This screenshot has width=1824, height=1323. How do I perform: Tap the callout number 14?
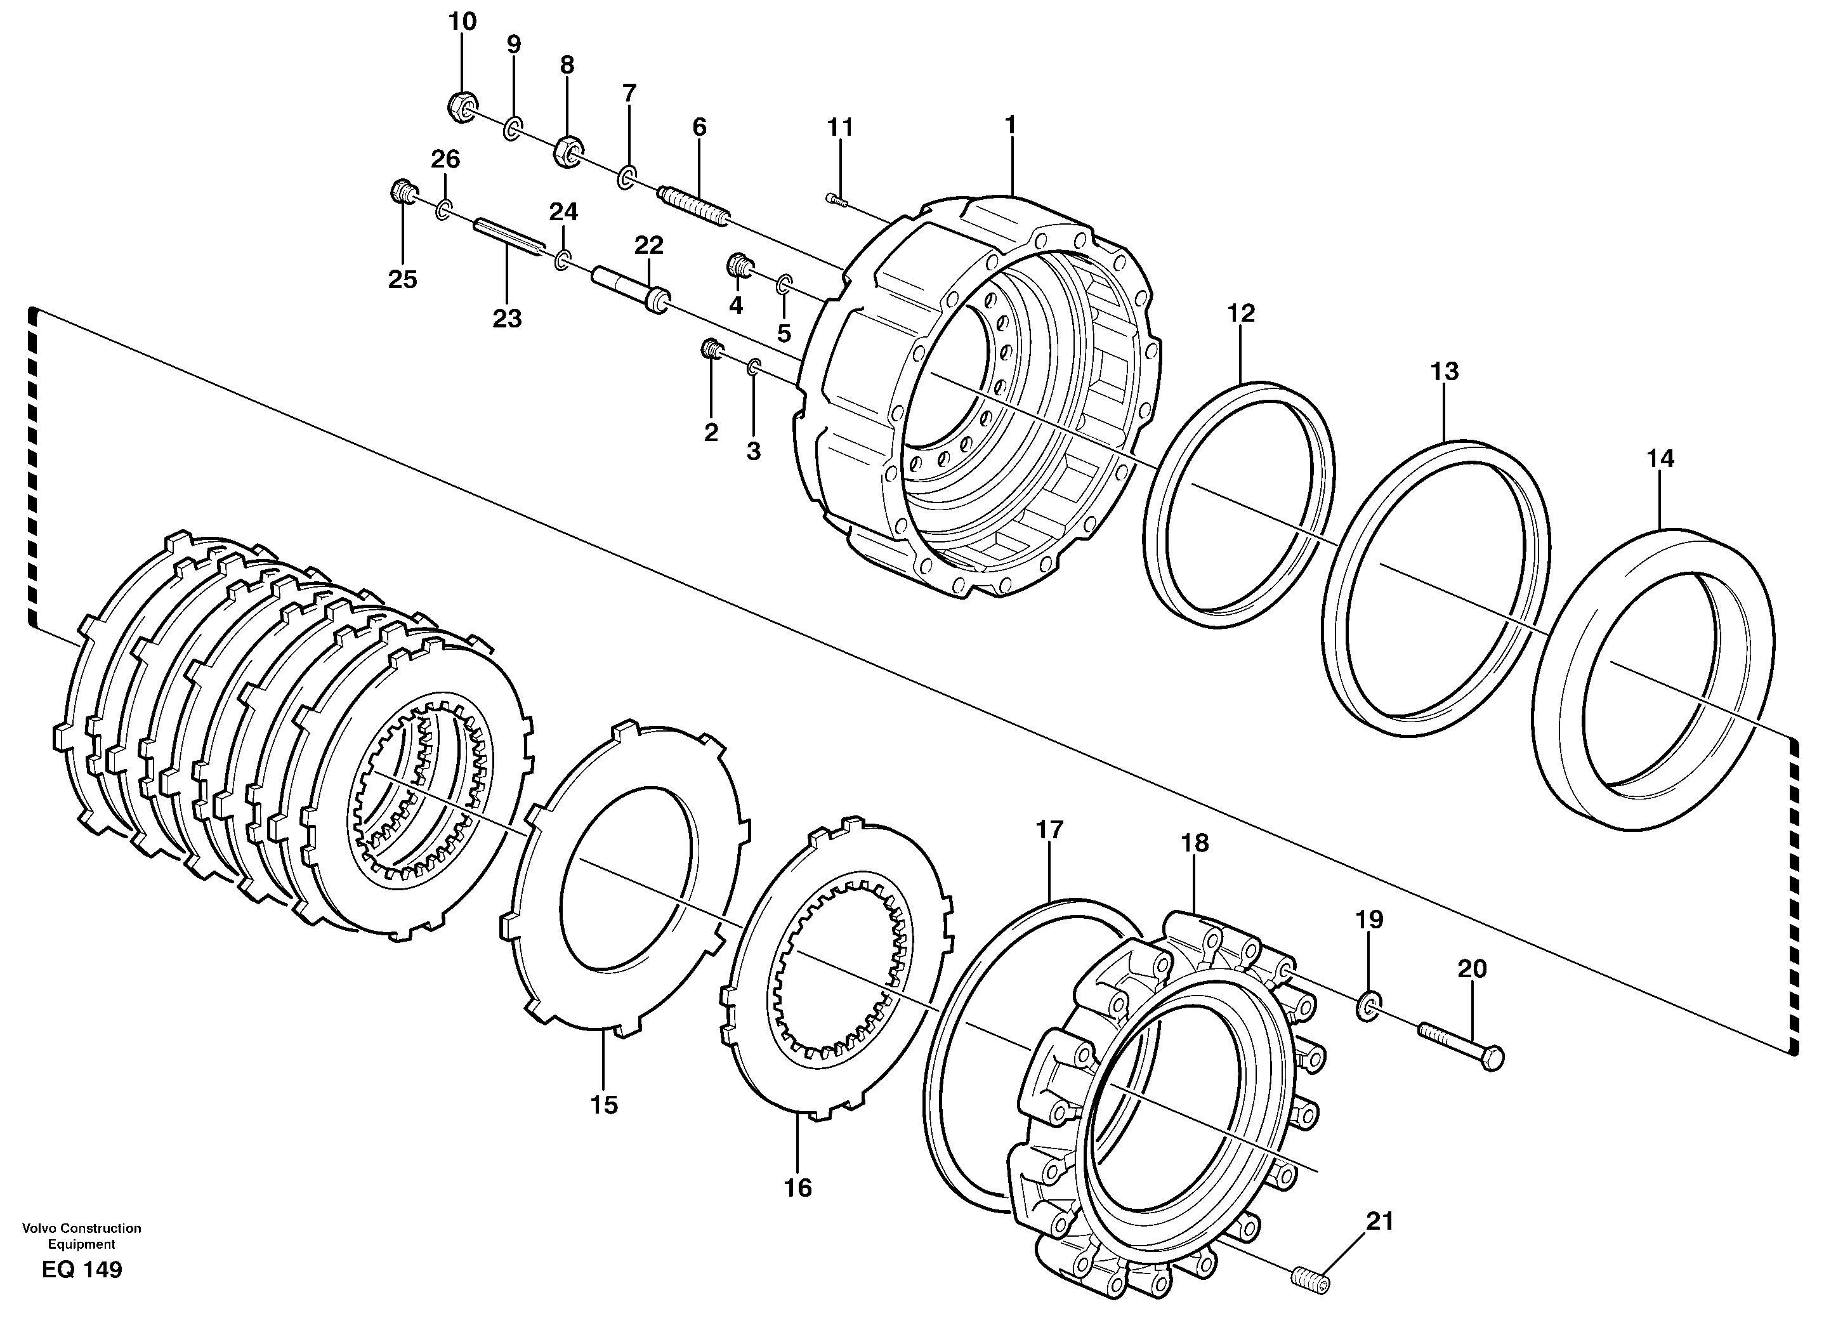click(x=1660, y=459)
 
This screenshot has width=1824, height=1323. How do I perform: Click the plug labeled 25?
click(x=402, y=192)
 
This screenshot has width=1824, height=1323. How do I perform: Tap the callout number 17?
click(x=1049, y=830)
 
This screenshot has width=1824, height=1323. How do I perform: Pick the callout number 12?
click(x=1241, y=313)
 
